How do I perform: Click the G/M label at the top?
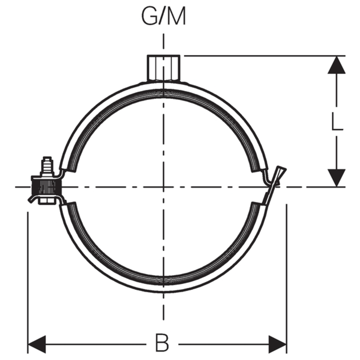coord(163,17)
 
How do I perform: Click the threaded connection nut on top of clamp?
coord(163,68)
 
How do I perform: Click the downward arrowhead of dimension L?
coord(337,177)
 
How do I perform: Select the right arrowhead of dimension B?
coord(278,345)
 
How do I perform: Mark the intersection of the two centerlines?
coord(163,187)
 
